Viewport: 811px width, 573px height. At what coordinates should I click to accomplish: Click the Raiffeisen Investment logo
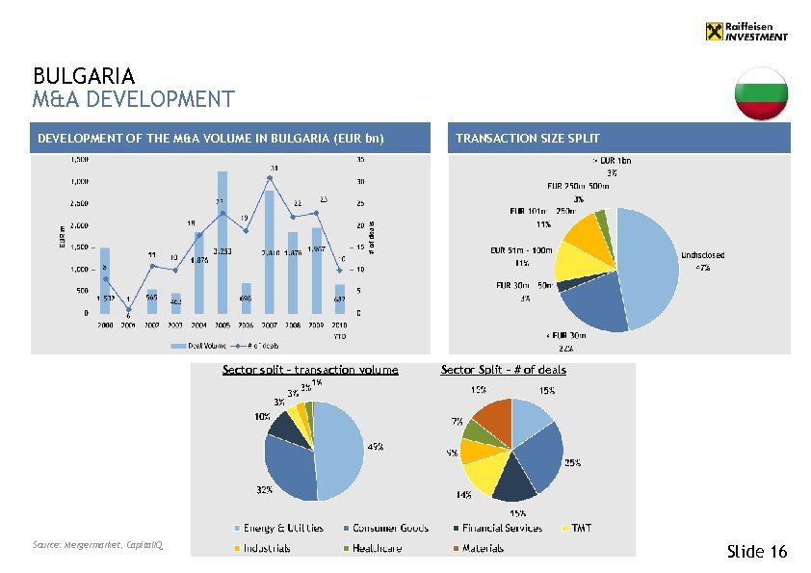coord(746,32)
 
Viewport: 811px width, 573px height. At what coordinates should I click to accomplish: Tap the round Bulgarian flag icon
coord(761,94)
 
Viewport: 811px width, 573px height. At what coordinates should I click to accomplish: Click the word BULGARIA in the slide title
coord(84,75)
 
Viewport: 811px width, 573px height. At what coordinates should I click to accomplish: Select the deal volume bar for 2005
coord(222,241)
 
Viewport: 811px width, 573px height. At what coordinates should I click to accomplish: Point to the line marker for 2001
coord(128,309)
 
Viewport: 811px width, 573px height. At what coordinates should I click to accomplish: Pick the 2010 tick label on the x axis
coord(339,326)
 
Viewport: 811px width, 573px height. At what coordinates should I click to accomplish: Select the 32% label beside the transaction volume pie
coord(263,490)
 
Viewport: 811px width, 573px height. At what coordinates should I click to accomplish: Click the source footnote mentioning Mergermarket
coord(97,545)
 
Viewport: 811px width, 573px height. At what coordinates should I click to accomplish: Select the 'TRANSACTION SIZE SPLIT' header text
coord(527,139)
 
